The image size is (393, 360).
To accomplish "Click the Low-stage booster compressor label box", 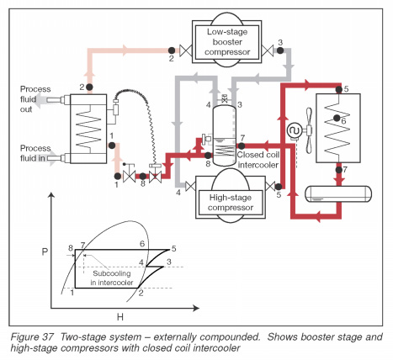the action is pyautogui.click(x=227, y=42).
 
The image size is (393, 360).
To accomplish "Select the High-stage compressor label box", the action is pyautogui.click(x=231, y=203).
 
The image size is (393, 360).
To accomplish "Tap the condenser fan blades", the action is pyautogui.click(x=309, y=130).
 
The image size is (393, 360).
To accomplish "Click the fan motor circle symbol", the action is pyautogui.click(x=295, y=130).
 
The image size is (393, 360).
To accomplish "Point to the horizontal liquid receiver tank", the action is pyautogui.click(x=338, y=193).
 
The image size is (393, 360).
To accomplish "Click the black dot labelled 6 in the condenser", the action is pyautogui.click(x=337, y=118).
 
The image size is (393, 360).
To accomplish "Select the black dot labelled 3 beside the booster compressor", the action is pyautogui.click(x=280, y=50).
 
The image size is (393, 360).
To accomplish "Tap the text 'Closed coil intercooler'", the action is pyautogui.click(x=258, y=160).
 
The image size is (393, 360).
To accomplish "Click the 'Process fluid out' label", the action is pyautogui.click(x=35, y=99).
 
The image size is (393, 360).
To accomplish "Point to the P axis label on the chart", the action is pyautogui.click(x=45, y=251).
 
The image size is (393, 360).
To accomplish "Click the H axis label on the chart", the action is pyautogui.click(x=120, y=317).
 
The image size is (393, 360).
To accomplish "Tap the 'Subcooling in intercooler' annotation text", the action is pyautogui.click(x=112, y=278).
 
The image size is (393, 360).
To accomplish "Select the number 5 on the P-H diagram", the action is pyautogui.click(x=174, y=248).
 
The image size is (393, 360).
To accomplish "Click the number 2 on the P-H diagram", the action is pyautogui.click(x=141, y=293).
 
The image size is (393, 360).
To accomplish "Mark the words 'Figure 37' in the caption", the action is pyautogui.click(x=30, y=336).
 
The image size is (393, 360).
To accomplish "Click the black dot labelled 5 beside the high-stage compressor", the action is pyautogui.click(x=279, y=187).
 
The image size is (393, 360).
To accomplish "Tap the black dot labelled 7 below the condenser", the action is pyautogui.click(x=339, y=170).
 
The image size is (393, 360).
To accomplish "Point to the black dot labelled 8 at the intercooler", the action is pyautogui.click(x=208, y=155).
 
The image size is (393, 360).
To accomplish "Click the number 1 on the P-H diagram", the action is pyautogui.click(x=72, y=293).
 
